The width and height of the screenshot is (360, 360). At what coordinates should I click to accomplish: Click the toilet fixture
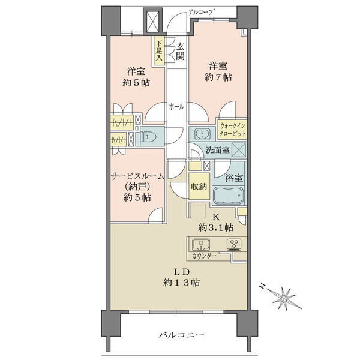tap(148, 137)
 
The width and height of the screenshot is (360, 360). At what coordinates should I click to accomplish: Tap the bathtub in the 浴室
tap(228, 196)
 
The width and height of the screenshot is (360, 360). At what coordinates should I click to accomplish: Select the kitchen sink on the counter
tap(201, 245)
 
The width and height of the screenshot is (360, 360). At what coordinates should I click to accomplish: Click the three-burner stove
tap(234, 245)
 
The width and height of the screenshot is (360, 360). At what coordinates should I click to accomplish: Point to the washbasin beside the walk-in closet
tap(202, 134)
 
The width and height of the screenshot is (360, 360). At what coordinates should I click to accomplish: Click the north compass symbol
tap(283, 298)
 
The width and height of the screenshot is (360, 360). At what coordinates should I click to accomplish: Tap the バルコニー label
tap(181, 335)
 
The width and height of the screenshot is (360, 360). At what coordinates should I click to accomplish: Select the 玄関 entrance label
tap(180, 52)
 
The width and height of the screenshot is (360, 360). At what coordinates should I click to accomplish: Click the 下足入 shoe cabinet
tap(159, 51)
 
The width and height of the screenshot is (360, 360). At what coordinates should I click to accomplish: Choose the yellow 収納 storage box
tap(199, 186)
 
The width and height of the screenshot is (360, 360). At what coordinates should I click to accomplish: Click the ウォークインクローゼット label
tap(233, 130)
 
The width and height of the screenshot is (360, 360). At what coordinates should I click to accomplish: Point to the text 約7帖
tap(218, 77)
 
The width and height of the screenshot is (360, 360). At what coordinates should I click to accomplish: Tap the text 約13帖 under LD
tap(181, 283)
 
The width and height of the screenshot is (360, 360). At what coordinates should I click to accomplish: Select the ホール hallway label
tap(176, 107)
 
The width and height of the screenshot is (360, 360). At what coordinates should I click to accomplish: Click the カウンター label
tap(204, 256)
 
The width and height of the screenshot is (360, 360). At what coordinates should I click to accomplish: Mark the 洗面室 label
tap(218, 150)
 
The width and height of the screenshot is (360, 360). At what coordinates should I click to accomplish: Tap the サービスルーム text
tap(137, 176)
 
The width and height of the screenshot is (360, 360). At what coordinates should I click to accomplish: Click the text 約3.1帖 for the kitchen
tap(216, 227)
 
